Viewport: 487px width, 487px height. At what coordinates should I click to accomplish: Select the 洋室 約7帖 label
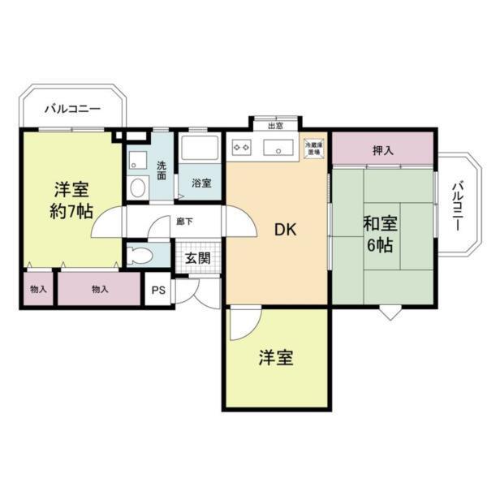pyautogui.click(x=72, y=200)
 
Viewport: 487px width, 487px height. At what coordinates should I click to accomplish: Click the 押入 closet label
pyautogui.click(x=382, y=150)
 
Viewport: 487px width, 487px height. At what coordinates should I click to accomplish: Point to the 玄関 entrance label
pyautogui.click(x=196, y=257)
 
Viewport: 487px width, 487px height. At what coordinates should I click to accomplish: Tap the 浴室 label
pyautogui.click(x=201, y=183)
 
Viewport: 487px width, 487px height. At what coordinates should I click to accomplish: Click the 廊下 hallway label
pyautogui.click(x=184, y=220)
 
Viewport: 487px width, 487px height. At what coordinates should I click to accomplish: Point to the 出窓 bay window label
pyautogui.click(x=276, y=125)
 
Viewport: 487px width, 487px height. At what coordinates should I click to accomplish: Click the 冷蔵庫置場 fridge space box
pyautogui.click(x=313, y=148)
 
